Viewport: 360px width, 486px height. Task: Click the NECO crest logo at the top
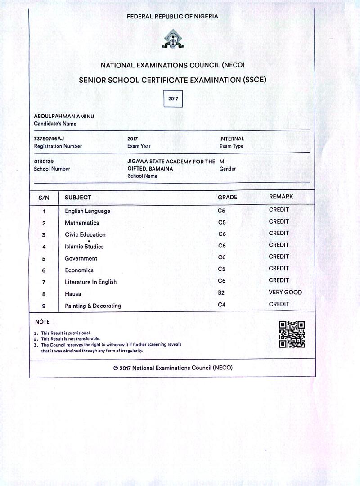pyautogui.click(x=173, y=39)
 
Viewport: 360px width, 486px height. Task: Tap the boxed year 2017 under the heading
pyautogui.click(x=173, y=98)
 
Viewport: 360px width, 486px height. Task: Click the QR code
pyautogui.click(x=292, y=334)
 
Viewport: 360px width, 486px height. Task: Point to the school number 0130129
pyautogui.click(x=44, y=161)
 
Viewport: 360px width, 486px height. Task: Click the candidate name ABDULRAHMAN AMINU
pyautogui.click(x=64, y=116)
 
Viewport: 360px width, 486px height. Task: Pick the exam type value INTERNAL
pyautogui.click(x=232, y=139)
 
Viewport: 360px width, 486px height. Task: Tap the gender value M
pyautogui.click(x=222, y=161)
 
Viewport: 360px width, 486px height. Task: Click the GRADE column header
pyautogui.click(x=227, y=197)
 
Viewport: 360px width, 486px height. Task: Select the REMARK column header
pyautogui.click(x=281, y=197)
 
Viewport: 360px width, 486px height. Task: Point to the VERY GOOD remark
pyautogui.click(x=285, y=292)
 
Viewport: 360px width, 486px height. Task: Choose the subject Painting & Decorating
pyautogui.click(x=93, y=306)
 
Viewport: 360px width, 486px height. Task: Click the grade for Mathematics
pyautogui.click(x=221, y=222)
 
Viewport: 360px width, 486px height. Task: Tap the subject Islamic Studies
pyautogui.click(x=84, y=247)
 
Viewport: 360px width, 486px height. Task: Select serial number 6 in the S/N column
pyautogui.click(x=44, y=270)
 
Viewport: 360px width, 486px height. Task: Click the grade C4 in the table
pyautogui.click(x=221, y=305)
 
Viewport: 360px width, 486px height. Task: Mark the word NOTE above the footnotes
pyautogui.click(x=42, y=322)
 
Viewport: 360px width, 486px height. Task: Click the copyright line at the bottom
pyautogui.click(x=173, y=368)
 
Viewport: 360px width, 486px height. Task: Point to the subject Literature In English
pyautogui.click(x=90, y=282)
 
